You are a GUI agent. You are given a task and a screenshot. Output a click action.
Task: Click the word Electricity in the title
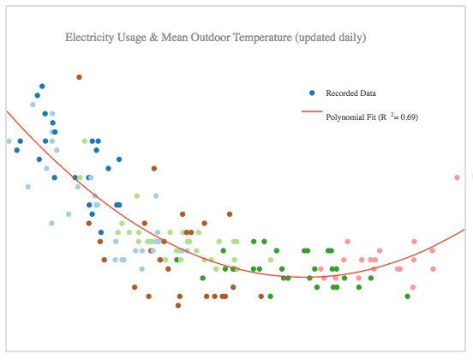click(90, 38)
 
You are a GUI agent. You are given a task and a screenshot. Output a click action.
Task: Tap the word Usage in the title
click(132, 38)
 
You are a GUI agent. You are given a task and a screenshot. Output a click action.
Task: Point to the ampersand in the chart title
click(153, 38)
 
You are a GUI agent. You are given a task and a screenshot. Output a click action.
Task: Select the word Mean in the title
click(174, 38)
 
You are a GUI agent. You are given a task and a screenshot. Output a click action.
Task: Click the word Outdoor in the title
click(210, 38)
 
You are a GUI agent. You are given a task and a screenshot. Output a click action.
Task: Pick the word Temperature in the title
click(262, 38)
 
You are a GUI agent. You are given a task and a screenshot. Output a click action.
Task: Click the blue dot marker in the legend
click(312, 93)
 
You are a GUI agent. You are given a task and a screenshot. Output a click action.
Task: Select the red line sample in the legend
click(312, 111)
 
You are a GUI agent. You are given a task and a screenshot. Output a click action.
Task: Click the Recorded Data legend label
click(350, 93)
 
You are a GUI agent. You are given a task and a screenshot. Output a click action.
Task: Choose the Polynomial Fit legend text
click(350, 117)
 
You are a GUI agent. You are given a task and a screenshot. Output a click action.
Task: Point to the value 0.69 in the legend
click(409, 117)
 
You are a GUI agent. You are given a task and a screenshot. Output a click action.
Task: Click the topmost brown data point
click(79, 77)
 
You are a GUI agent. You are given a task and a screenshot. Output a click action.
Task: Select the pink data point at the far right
click(457, 177)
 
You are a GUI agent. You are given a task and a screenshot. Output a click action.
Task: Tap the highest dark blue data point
click(42, 87)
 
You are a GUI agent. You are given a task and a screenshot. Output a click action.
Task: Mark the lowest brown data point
click(178, 305)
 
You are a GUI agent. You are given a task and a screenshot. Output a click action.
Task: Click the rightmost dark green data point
click(407, 297)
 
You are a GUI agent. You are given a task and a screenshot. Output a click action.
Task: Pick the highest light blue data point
click(33, 105)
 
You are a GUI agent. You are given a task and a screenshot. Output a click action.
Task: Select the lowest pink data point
click(413, 287)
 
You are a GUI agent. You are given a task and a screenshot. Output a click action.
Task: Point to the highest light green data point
click(85, 141)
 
